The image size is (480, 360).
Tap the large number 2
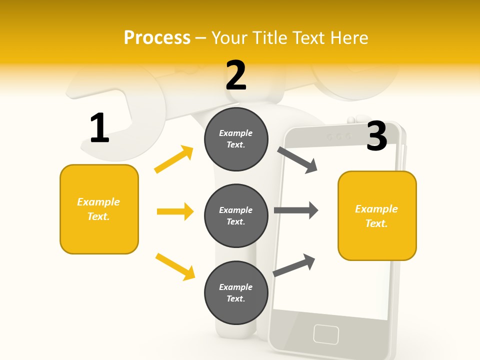236,75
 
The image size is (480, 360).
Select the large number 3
377,136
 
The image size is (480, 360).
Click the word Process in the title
157,37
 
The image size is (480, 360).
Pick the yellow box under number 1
99,209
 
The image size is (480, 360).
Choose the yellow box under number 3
377,215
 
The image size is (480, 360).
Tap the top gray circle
236,139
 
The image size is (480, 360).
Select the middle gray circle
236,215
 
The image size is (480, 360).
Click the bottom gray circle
236,292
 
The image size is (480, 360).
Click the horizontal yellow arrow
175,211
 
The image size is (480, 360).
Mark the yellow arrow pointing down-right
175,266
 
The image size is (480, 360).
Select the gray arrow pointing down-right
297,160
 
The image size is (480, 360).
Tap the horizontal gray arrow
296,210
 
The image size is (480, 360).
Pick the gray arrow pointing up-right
294,265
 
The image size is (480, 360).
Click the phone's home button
326,333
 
